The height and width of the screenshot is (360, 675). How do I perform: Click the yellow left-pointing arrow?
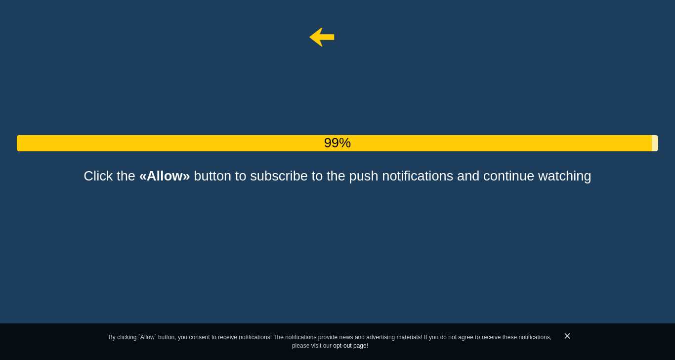click(x=322, y=37)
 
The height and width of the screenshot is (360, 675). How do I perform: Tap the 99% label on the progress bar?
click(x=337, y=143)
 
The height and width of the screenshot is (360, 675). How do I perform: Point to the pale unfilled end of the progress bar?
click(x=655, y=143)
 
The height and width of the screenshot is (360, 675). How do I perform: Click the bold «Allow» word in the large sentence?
click(x=165, y=176)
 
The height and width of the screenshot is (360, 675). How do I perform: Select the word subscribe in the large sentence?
click(x=279, y=176)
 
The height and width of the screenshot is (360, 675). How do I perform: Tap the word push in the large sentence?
click(x=363, y=177)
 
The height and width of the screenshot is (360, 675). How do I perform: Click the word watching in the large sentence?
click(x=565, y=177)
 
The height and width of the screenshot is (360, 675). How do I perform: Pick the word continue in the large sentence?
click(x=508, y=176)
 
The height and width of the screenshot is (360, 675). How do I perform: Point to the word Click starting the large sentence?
click(x=98, y=176)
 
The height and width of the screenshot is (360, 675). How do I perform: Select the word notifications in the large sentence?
click(x=418, y=176)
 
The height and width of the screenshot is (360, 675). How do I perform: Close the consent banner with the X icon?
click(x=567, y=336)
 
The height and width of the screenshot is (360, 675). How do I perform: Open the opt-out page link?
click(x=350, y=346)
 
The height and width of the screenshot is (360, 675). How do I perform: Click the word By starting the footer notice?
click(x=112, y=337)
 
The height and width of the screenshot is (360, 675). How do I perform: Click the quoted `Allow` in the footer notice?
click(x=147, y=337)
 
